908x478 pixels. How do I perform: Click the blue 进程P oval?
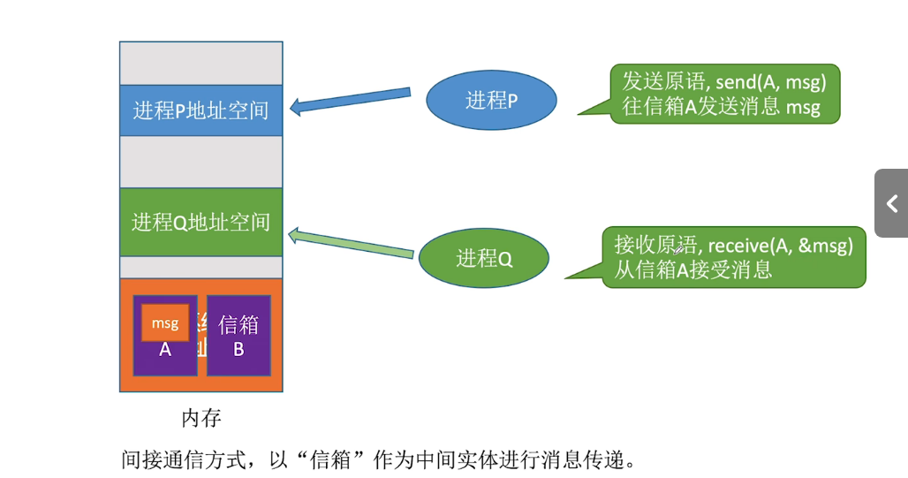coord(491,101)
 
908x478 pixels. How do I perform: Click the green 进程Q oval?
coord(483,258)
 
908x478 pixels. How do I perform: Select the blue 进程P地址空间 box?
coord(201,110)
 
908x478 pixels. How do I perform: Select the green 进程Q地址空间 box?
coord(201,222)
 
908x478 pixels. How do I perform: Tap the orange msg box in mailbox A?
coord(165,323)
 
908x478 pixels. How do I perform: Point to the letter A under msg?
coord(165,350)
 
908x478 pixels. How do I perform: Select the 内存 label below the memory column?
coord(201,416)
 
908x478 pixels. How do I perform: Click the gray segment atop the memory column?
coord(201,63)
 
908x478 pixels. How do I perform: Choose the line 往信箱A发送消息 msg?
coord(721,108)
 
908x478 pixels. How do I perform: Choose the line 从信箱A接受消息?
coord(693,269)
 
